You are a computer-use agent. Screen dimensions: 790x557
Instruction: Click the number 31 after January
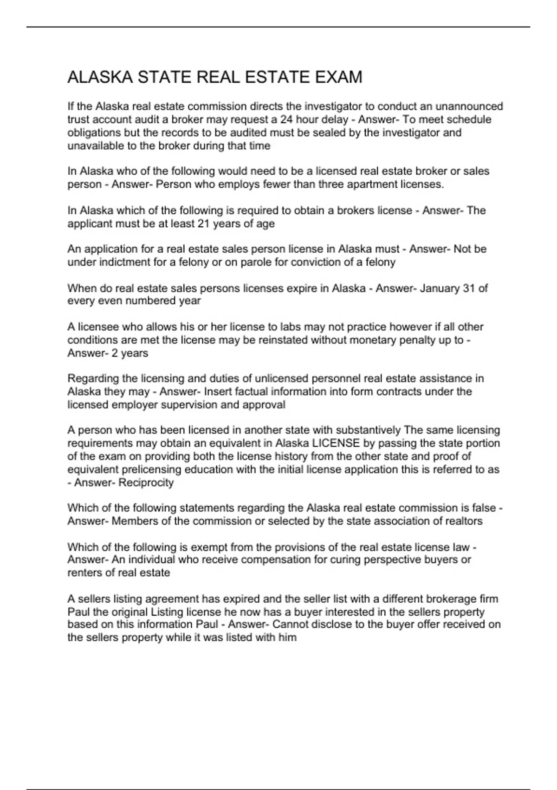(x=469, y=289)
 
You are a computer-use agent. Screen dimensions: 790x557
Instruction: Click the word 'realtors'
(x=462, y=521)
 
